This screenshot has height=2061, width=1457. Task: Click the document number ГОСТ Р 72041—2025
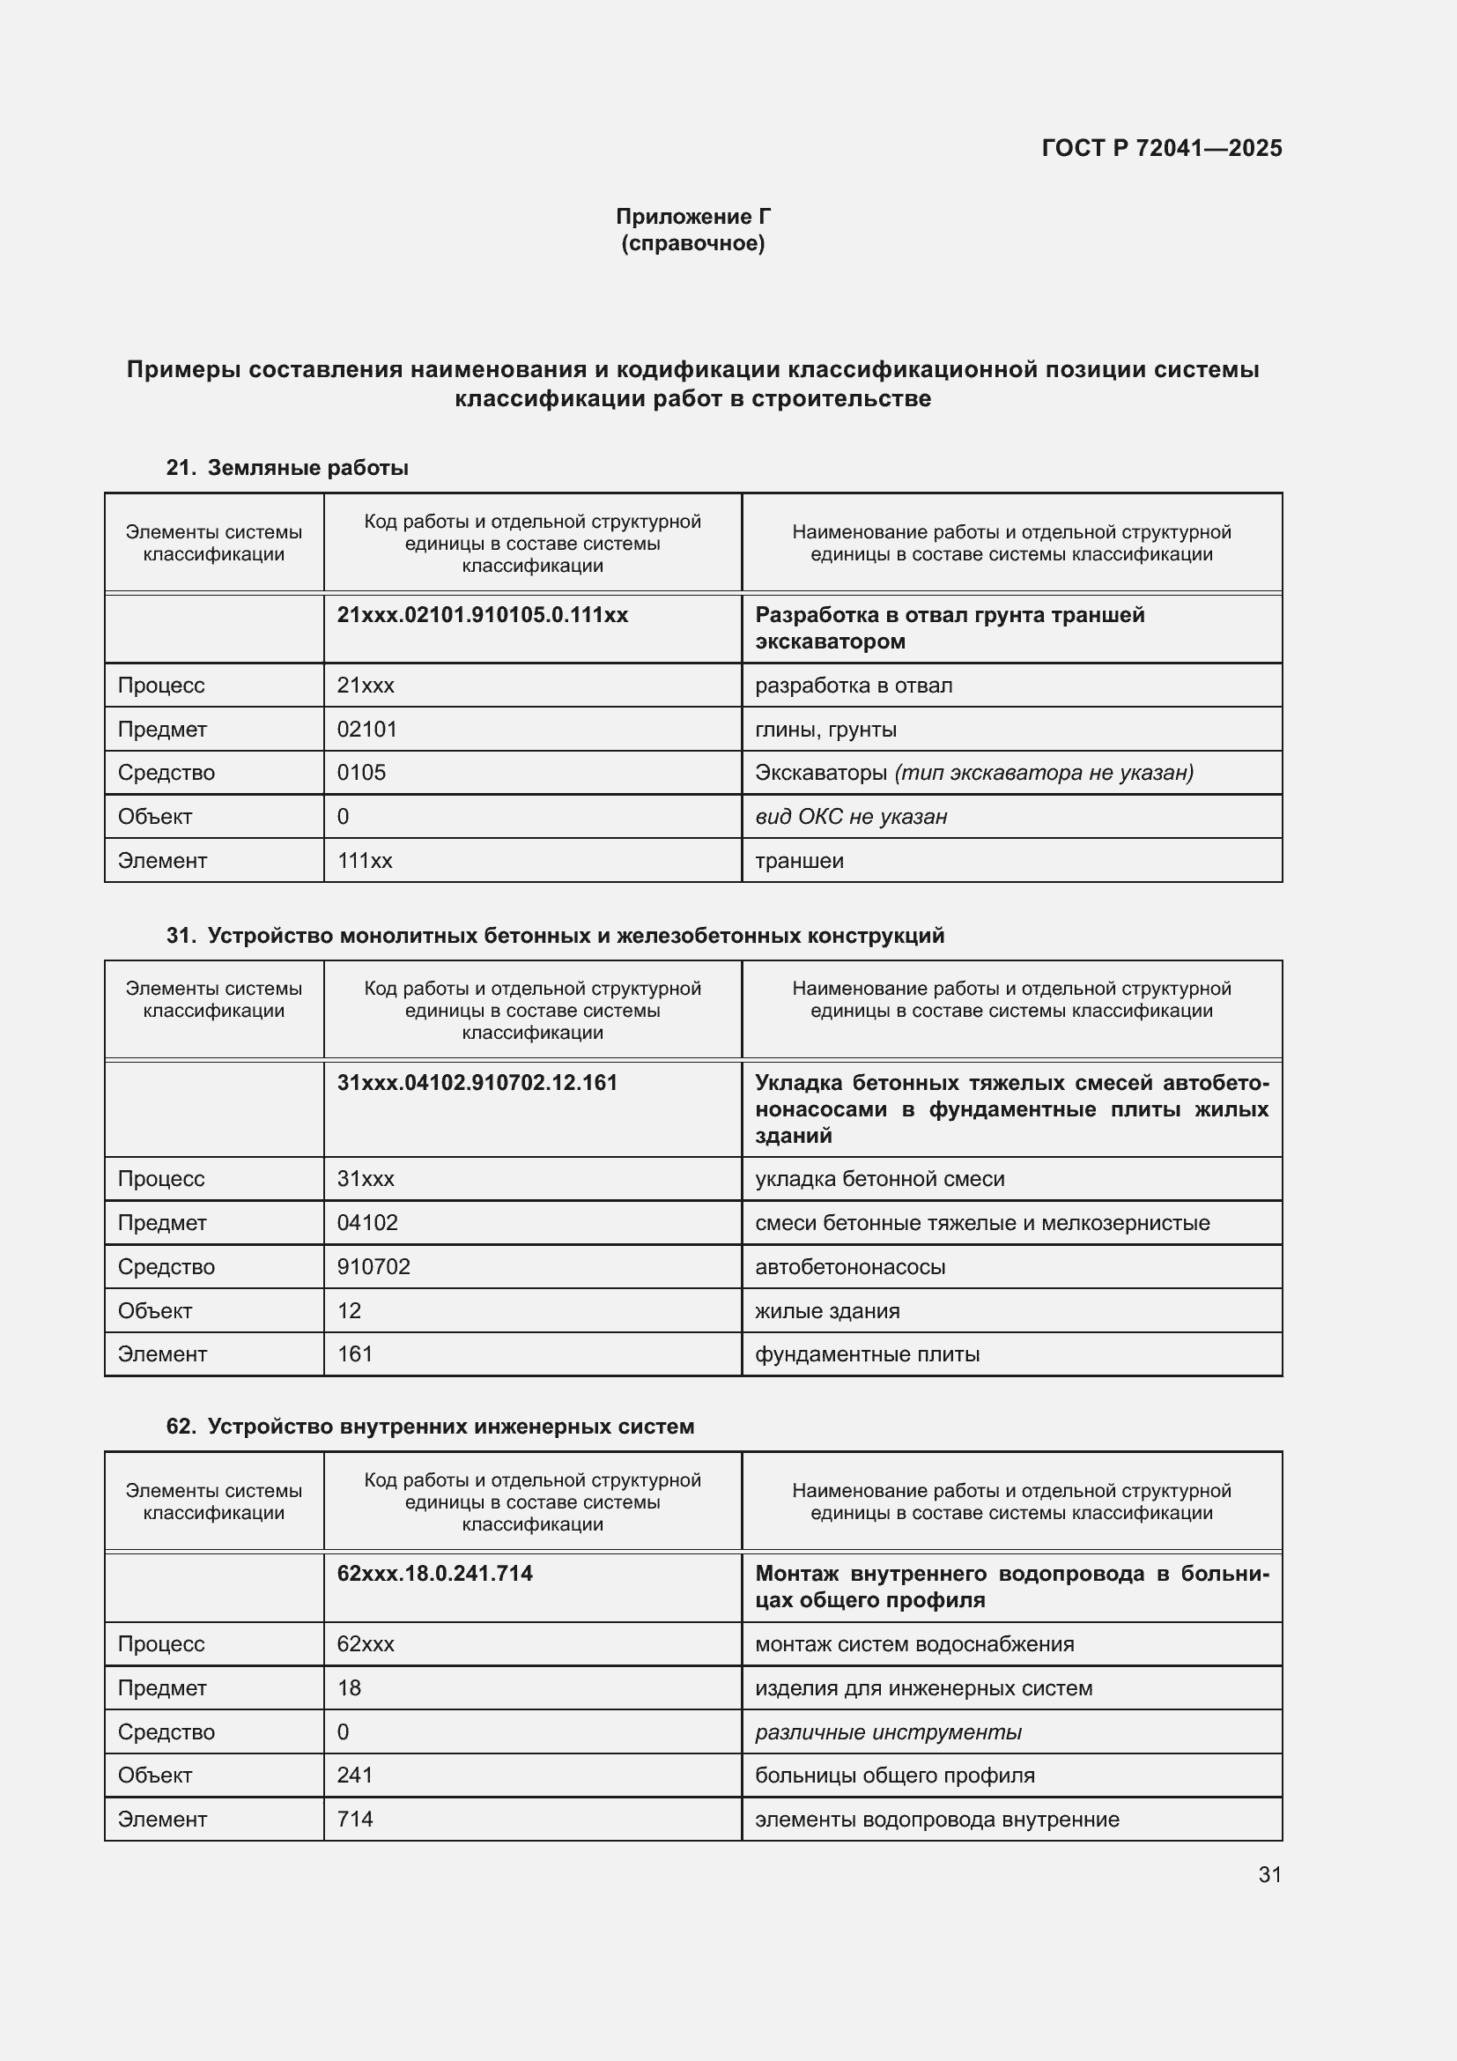click(1161, 148)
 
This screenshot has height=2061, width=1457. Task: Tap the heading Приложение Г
click(692, 217)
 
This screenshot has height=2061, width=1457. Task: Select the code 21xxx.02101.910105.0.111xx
click(482, 615)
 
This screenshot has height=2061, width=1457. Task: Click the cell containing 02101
click(366, 729)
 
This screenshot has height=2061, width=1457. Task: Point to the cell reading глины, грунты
click(825, 729)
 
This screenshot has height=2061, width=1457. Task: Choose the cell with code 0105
click(360, 772)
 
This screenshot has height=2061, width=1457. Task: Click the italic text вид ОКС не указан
click(851, 816)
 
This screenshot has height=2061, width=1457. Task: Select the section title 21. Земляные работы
click(287, 468)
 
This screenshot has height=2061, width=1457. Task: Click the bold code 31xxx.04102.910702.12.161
click(477, 1083)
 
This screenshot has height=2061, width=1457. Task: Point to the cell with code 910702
click(373, 1266)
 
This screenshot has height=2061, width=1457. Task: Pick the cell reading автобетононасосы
click(849, 1266)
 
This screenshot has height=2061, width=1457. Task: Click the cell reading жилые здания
click(826, 1310)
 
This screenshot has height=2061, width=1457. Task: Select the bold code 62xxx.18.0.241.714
click(434, 1574)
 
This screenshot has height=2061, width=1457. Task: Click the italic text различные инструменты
click(887, 1731)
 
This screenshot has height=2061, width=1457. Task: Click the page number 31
click(1268, 1874)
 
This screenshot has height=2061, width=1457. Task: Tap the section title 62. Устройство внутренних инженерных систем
click(430, 1427)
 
